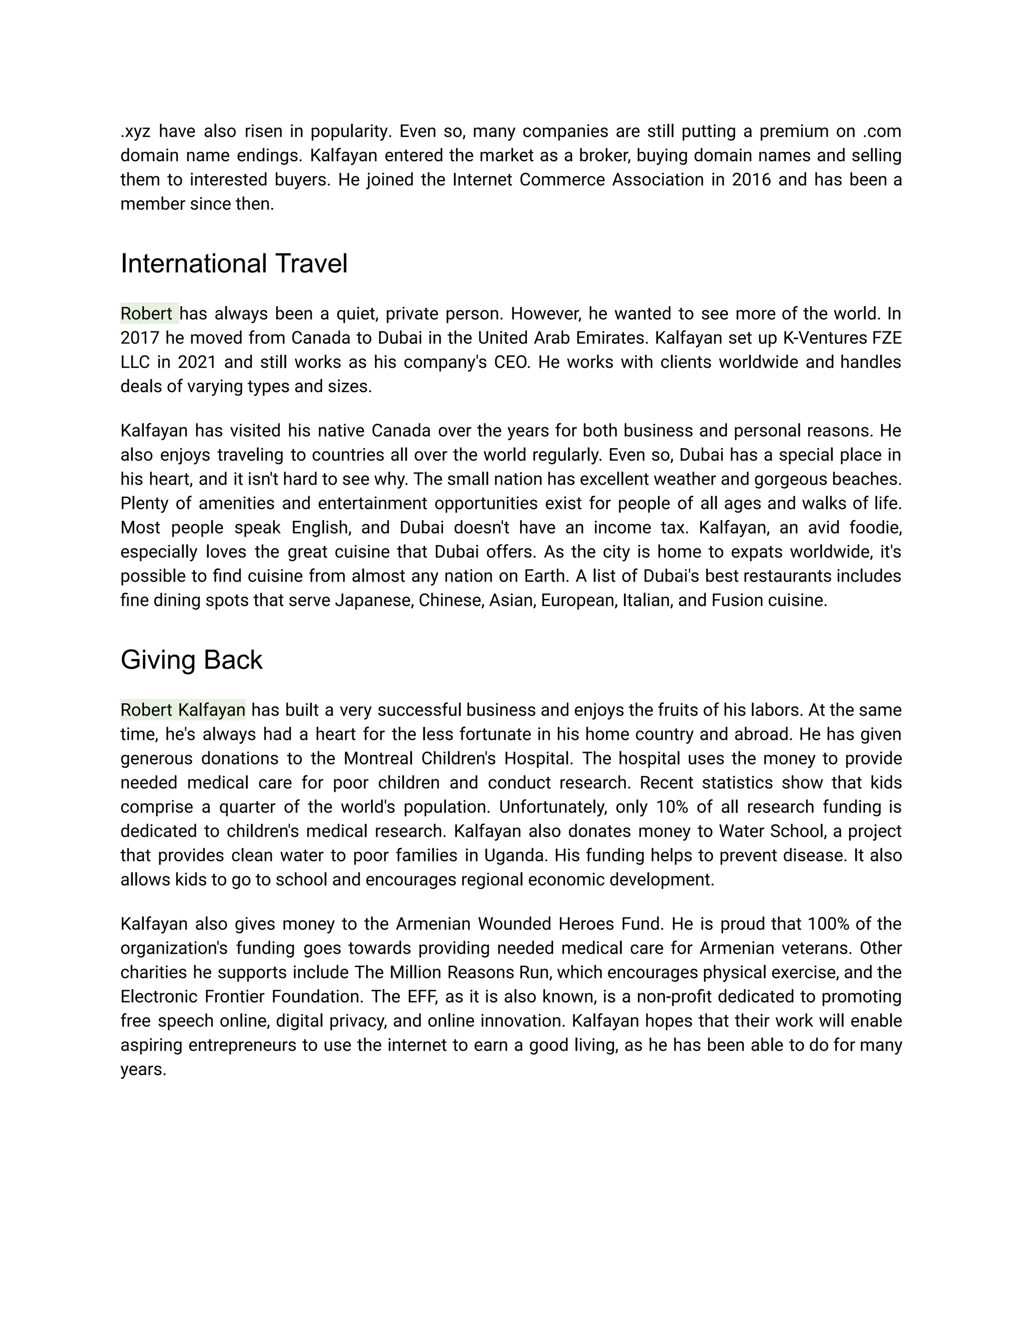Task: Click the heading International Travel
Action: [234, 264]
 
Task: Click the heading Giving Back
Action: [191, 660]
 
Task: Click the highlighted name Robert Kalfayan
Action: [182, 709]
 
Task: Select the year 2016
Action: [751, 180]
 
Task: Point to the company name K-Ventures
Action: [812, 338]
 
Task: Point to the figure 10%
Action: [673, 807]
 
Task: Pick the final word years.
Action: [143, 1069]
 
